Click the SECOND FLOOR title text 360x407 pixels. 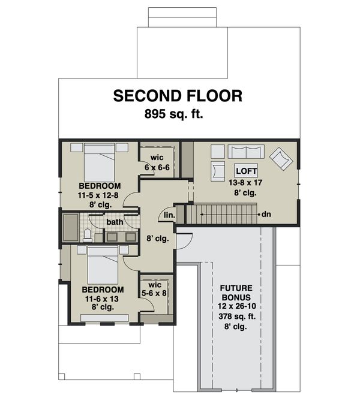click(178, 95)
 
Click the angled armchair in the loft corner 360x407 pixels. click(281, 159)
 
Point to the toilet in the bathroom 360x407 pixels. click(88, 234)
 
